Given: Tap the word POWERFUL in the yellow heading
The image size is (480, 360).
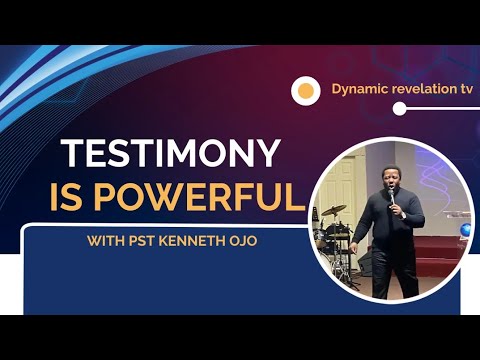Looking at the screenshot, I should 209,196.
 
